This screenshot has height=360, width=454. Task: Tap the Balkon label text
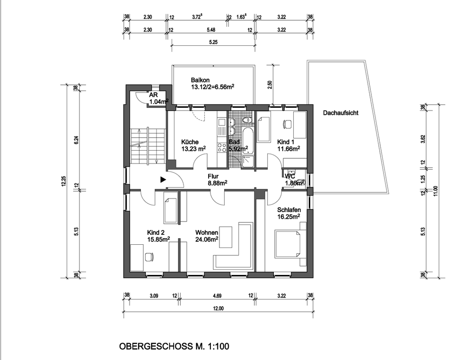point(200,80)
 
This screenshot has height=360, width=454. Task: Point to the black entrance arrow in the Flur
point(162,180)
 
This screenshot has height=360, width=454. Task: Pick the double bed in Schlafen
point(289,243)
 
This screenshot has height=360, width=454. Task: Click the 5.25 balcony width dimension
point(212,42)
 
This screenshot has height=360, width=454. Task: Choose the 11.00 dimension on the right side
point(436,190)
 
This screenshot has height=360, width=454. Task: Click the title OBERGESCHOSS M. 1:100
point(174,346)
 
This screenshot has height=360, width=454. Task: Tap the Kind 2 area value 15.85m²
point(158,240)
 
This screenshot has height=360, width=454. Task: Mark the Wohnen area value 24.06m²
point(207,239)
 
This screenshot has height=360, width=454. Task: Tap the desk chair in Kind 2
point(150,257)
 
